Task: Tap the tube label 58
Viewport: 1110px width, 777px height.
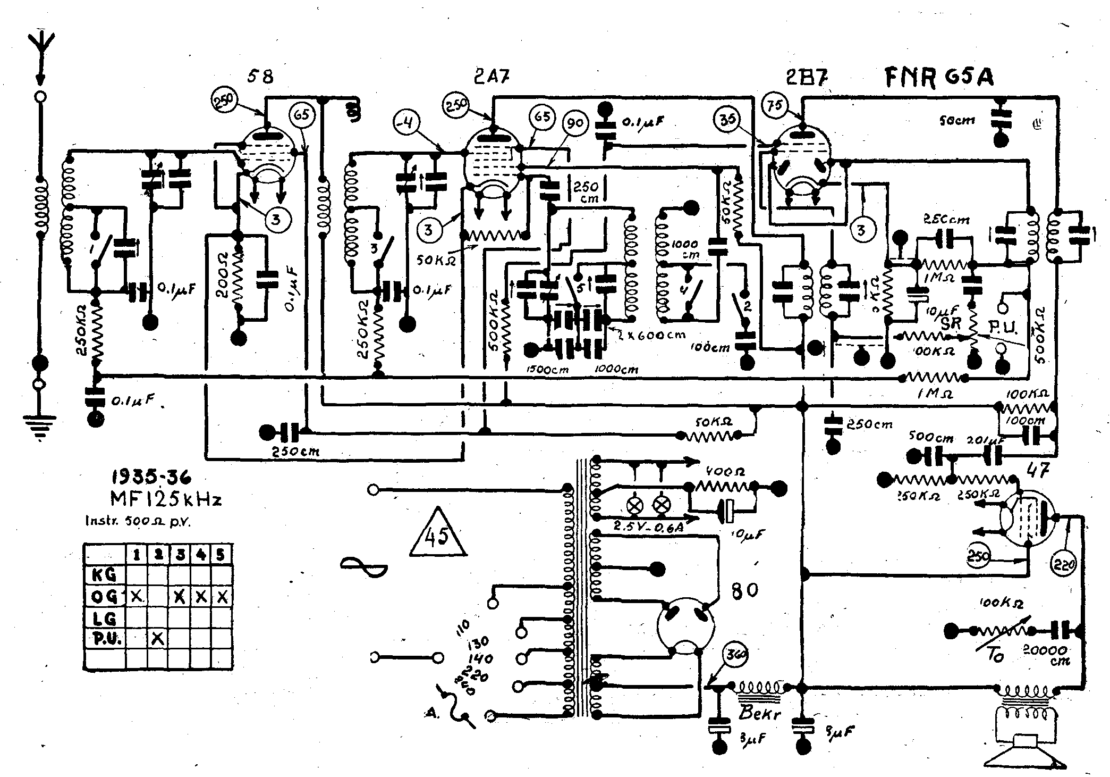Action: (260, 77)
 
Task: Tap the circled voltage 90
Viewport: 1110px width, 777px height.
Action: (575, 123)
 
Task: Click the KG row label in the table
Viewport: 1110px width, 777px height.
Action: (104, 574)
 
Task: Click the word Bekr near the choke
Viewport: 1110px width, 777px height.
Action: (760, 714)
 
